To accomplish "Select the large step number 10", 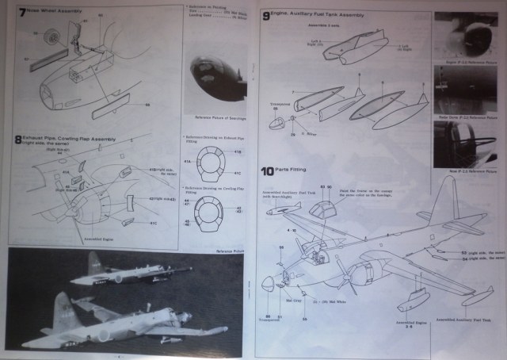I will (268, 171).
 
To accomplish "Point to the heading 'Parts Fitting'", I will (295, 170).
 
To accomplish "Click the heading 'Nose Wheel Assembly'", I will (55, 13).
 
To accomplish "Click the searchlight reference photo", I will (214, 87).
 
